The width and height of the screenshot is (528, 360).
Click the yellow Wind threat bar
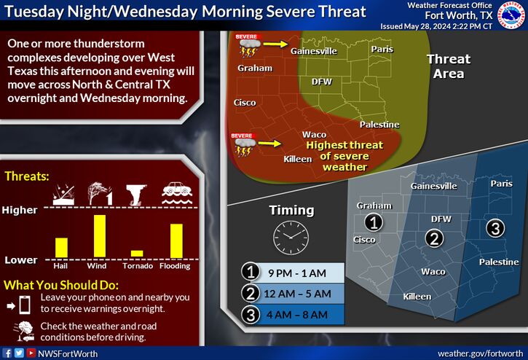pos(100,236)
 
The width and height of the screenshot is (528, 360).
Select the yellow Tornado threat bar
pos(137,254)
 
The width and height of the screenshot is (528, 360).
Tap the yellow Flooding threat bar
pos(176,240)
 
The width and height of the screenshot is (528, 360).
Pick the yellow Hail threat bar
pos(61,248)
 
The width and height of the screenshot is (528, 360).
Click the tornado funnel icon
pos(136,195)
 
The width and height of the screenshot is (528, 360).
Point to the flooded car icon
pos(177,194)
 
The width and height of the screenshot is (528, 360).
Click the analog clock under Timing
pos(291,238)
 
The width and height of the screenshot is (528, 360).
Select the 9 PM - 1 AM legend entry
pos(293,273)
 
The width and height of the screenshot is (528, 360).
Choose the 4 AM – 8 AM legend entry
pos(293,315)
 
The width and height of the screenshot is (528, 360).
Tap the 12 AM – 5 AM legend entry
pos(293,294)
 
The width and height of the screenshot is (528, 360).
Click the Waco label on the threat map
pos(314,135)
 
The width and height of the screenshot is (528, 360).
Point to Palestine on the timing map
pos(499,262)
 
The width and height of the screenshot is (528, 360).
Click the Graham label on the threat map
pos(255,68)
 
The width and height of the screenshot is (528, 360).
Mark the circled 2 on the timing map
pos(434,238)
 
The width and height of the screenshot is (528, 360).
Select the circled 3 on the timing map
pos(495,228)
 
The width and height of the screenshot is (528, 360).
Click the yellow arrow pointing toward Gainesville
pos(275,44)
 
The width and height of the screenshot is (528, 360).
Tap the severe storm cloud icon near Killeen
pos(245,145)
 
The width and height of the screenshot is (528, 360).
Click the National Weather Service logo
pos(512,15)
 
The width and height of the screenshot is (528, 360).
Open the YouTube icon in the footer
pos(31,353)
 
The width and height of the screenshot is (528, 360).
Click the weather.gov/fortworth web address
pos(481,353)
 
